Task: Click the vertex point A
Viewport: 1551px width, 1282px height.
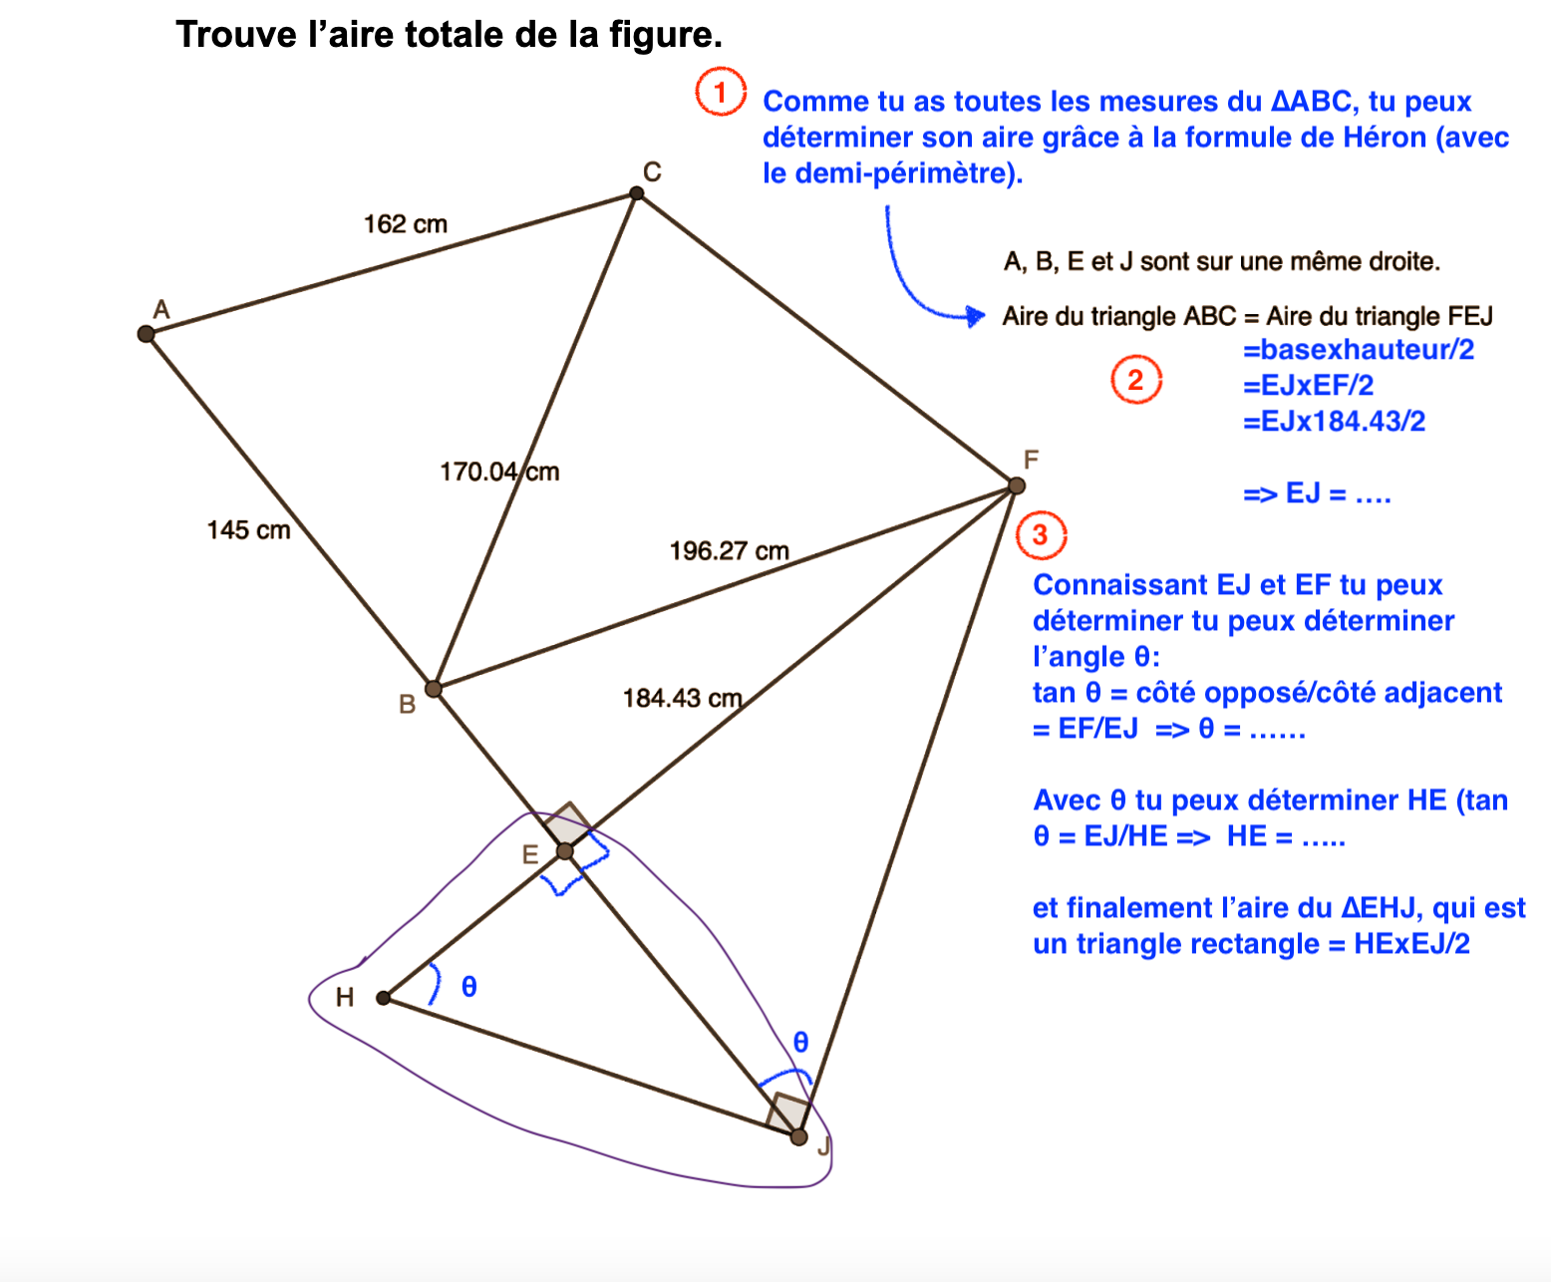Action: pyautogui.click(x=147, y=334)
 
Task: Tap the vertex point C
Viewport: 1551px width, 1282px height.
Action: pyautogui.click(x=637, y=193)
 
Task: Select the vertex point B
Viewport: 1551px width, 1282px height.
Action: pyautogui.click(x=434, y=689)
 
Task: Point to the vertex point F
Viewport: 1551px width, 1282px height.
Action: pyautogui.click(x=1017, y=485)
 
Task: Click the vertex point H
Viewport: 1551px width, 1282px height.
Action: pyautogui.click(x=384, y=998)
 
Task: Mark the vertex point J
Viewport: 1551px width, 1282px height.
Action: pyautogui.click(x=798, y=1136)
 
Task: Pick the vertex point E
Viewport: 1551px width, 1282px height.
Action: pyautogui.click(x=565, y=851)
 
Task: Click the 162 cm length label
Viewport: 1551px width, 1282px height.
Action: pyautogui.click(x=406, y=224)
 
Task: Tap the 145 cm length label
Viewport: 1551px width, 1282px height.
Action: pyautogui.click(x=248, y=530)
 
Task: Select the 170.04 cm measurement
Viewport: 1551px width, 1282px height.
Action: pyautogui.click(x=499, y=472)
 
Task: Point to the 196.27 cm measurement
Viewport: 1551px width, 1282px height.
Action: pyautogui.click(x=729, y=551)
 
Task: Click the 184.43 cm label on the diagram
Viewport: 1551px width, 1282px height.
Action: pyautogui.click(x=683, y=698)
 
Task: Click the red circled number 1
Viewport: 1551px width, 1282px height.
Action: pyautogui.click(x=721, y=93)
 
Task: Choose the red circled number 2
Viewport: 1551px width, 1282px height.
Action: pyautogui.click(x=1136, y=380)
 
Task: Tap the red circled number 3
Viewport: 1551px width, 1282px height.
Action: pyautogui.click(x=1041, y=535)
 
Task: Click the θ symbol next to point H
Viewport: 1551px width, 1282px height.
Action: pyautogui.click(x=469, y=987)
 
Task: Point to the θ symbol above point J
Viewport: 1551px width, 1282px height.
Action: pyautogui.click(x=800, y=1043)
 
